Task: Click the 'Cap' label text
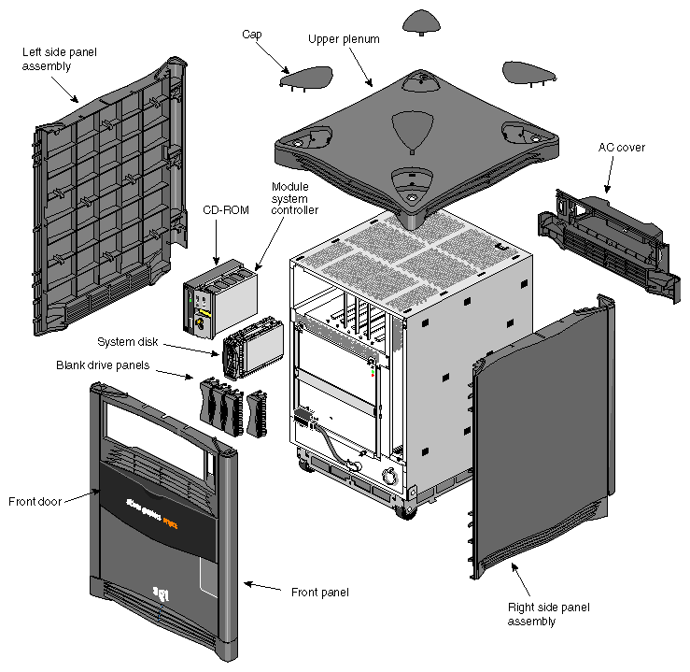pos(251,34)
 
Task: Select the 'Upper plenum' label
pos(344,38)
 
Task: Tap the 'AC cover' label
pos(621,147)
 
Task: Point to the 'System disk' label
pos(127,342)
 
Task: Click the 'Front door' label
pos(35,501)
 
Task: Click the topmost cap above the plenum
pos(426,20)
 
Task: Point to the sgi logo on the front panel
pos(161,591)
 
